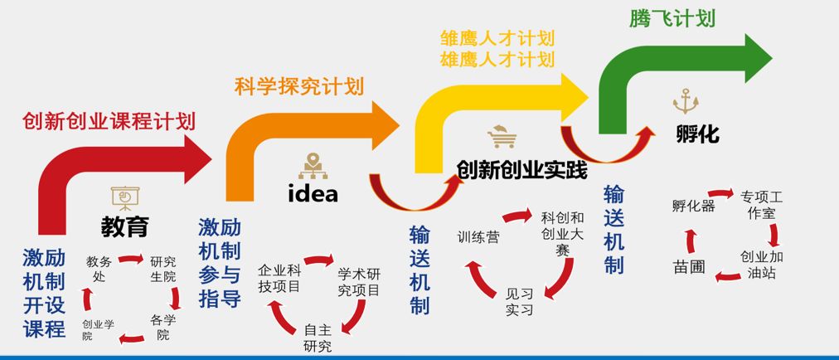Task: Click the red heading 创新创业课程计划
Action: (x=109, y=121)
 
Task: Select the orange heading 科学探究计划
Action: (x=298, y=85)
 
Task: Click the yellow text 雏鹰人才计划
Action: (x=496, y=38)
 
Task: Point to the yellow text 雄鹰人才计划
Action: (x=496, y=59)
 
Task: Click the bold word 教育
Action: (x=125, y=226)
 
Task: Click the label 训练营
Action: (x=478, y=237)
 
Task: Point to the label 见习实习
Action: (x=519, y=301)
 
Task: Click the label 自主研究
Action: (x=318, y=338)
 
